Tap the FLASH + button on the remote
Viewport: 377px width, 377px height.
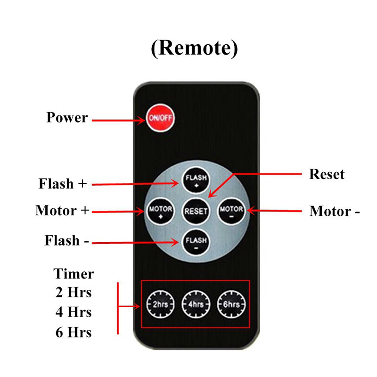click(x=195, y=180)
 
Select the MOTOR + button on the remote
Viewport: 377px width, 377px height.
click(x=158, y=211)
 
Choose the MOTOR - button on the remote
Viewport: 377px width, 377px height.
click(x=231, y=211)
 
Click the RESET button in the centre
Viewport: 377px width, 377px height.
click(x=195, y=211)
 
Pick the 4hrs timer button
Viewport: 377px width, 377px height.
click(x=195, y=304)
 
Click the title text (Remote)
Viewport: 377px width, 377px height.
click(x=195, y=48)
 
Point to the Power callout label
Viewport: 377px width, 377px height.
click(x=67, y=117)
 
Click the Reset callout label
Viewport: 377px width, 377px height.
click(x=327, y=174)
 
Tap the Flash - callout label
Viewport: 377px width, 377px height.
click(x=67, y=240)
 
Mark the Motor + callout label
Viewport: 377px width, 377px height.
click(x=62, y=211)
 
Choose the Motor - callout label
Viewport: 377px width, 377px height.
click(x=335, y=211)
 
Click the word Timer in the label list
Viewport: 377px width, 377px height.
click(x=74, y=274)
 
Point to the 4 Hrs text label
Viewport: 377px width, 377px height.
click(x=73, y=312)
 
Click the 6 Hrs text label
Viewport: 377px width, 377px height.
click(x=73, y=332)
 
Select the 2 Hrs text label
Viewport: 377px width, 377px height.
click(x=73, y=293)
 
